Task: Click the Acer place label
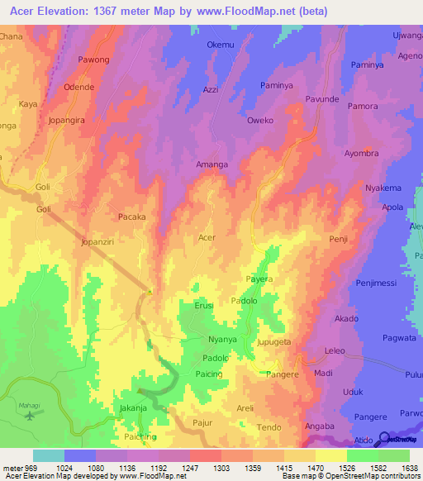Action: pos(207,237)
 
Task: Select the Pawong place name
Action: pos(93,60)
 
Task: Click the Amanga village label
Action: pos(211,164)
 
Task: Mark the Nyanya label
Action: pos(222,340)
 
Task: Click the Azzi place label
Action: pos(211,89)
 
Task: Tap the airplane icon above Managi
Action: pos(31,415)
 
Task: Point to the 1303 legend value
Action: pos(221,468)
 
